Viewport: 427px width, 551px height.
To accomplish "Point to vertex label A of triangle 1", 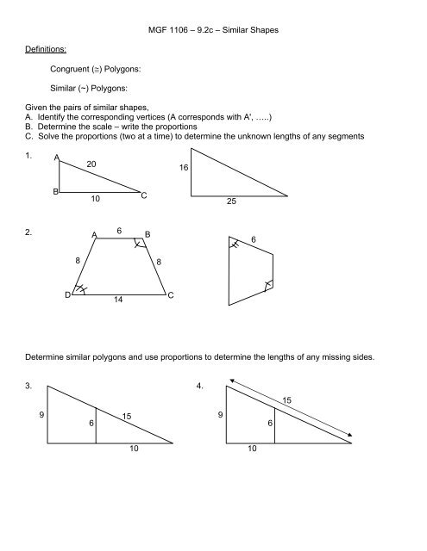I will pyautogui.click(x=56, y=158).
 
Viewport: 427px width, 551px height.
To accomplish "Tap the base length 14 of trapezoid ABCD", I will pyautogui.click(x=119, y=303).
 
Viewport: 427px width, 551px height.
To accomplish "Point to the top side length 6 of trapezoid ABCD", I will pyautogui.click(x=120, y=231).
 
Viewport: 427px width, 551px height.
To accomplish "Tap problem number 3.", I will pyautogui.click(x=28, y=387).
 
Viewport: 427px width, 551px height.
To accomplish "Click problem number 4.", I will pyautogui.click(x=201, y=387).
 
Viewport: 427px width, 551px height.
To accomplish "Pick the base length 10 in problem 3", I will pyautogui.click(x=134, y=449).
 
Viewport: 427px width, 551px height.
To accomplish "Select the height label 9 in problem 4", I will pyautogui.click(x=219, y=416).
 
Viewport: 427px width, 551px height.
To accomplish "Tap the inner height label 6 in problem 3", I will pyautogui.click(x=91, y=424).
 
